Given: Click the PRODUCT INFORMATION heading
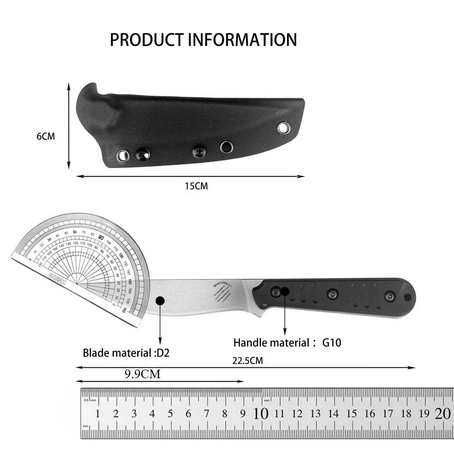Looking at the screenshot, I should pyautogui.click(x=203, y=40).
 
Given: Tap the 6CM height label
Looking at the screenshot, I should pyautogui.click(x=45, y=136).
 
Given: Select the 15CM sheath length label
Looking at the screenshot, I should pyautogui.click(x=196, y=186).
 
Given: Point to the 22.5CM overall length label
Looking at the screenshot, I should pyautogui.click(x=247, y=361).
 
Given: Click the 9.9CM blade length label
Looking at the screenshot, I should pyautogui.click(x=142, y=374).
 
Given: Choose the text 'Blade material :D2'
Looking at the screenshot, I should pyautogui.click(x=126, y=352).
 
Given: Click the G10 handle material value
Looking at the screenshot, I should pyautogui.click(x=331, y=342).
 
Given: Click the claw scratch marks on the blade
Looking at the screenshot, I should pyautogui.click(x=221, y=296).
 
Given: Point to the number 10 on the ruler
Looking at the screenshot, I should pyautogui.click(x=261, y=414).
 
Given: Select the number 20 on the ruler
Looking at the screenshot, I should pyautogui.click(x=442, y=414).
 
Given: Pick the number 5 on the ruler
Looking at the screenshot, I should pyautogui.click(x=170, y=414).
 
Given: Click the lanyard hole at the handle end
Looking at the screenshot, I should pyautogui.click(x=407, y=297).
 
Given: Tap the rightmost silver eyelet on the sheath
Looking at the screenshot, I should pyautogui.click(x=284, y=128).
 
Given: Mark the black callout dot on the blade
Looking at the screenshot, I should pyautogui.click(x=160, y=301).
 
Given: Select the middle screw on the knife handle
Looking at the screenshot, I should pyautogui.click(x=333, y=294).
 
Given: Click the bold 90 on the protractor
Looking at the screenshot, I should pyautogui.click(x=100, y=238).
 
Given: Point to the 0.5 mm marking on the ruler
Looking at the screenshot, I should pyautogui.click(x=89, y=400).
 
